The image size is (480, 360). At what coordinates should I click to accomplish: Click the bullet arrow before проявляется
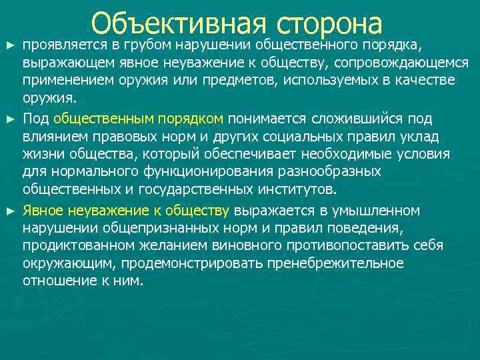tap(9, 45)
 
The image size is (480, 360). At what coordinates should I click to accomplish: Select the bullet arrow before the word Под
tap(9, 119)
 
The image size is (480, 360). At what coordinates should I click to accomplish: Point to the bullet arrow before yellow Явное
tap(9, 211)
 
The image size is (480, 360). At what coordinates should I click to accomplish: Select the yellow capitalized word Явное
tap(45, 211)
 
